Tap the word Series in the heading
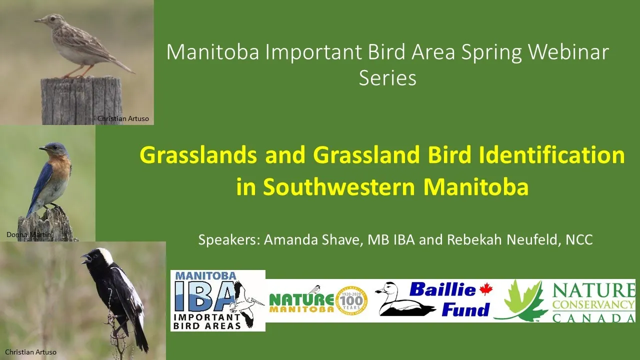(387, 78)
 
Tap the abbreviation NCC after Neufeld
(579, 239)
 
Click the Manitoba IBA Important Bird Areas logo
(217, 300)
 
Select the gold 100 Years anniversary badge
(351, 301)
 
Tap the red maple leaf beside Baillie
(485, 289)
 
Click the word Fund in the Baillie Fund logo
(465, 309)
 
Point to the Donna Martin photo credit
(28, 234)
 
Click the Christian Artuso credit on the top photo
(123, 118)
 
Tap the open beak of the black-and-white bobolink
(85, 259)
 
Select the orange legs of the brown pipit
(77, 71)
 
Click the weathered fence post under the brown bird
(81, 100)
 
